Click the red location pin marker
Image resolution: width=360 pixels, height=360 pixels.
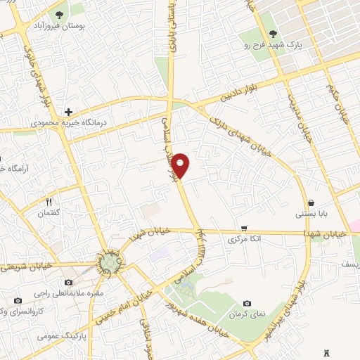pyautogui.click(x=181, y=165)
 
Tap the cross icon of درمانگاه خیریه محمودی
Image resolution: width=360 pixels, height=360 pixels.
pyautogui.click(x=68, y=111)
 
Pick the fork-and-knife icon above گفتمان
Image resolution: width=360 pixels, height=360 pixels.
pyautogui.click(x=49, y=201)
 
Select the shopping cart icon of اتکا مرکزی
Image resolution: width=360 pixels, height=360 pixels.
pyautogui.click(x=244, y=228)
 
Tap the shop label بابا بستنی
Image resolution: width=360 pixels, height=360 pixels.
pyautogui.click(x=310, y=214)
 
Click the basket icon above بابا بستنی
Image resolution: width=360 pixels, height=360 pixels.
pyautogui.click(x=310, y=203)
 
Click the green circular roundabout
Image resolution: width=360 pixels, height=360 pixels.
pyautogui.click(x=109, y=264)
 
